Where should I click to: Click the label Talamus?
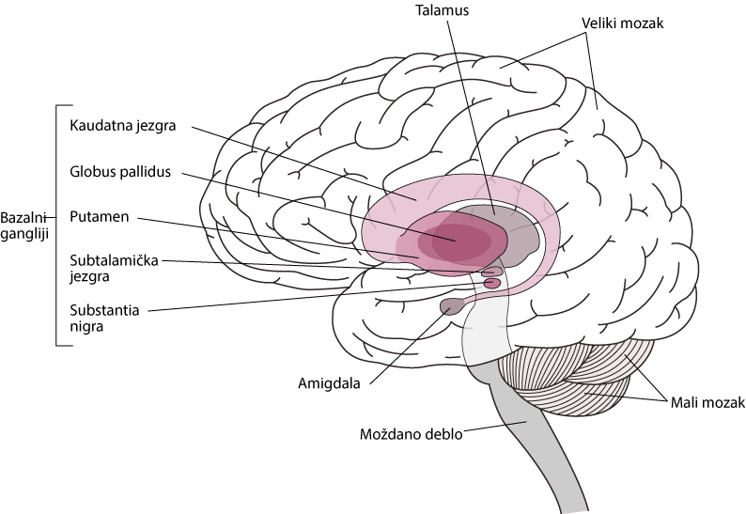(x=442, y=10)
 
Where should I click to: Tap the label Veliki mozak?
(x=622, y=23)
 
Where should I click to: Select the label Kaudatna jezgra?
(x=123, y=126)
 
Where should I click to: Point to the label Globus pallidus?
(x=120, y=171)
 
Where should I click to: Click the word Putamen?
(x=100, y=216)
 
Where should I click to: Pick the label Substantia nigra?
(x=104, y=318)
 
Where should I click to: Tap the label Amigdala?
(x=329, y=383)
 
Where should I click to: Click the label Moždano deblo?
(x=412, y=434)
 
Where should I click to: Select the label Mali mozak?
(x=707, y=402)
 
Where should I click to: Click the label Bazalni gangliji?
(x=24, y=226)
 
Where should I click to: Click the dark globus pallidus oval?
(x=455, y=241)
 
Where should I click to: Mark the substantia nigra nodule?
(x=492, y=284)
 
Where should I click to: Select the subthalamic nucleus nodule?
(x=492, y=272)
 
